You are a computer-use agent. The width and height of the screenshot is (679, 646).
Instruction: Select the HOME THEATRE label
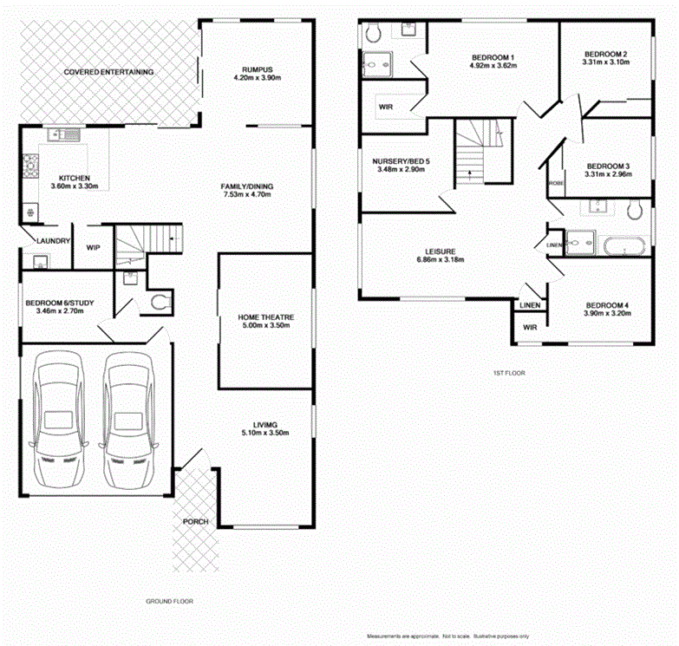pos(265,318)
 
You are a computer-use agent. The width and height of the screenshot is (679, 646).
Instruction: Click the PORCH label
pos(195,521)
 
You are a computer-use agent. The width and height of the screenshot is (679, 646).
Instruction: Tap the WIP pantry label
pos(94,246)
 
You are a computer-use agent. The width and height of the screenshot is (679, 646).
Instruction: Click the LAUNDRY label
pos(52,240)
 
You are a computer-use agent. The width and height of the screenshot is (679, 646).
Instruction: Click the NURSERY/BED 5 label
pos(401,161)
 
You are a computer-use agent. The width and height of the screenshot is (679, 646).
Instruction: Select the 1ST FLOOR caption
pos(507,373)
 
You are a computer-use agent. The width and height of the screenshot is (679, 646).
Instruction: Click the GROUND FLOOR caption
pos(169,600)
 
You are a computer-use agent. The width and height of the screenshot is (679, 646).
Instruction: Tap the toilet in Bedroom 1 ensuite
pos(374,33)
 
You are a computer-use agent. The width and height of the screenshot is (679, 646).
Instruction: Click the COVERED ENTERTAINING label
pos(109,71)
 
